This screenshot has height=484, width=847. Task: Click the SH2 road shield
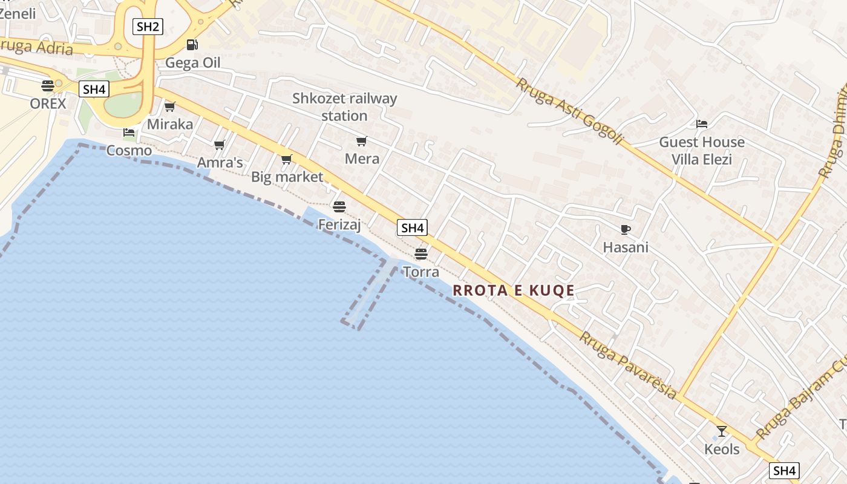pos(148,26)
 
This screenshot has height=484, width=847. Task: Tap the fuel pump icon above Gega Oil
pos(192,44)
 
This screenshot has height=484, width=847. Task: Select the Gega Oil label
pos(192,63)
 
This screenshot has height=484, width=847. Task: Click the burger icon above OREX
pos(48,85)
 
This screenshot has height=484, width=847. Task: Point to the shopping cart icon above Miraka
pos(169,106)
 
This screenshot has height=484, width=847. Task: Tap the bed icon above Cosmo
pos(128,132)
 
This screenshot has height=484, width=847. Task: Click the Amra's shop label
pos(220,162)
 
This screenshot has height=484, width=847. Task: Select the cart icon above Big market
pos(287,159)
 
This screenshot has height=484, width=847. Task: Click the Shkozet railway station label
pos(344,106)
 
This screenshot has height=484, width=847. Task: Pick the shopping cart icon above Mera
pos(362,141)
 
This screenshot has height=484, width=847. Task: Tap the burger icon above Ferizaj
pos(339,206)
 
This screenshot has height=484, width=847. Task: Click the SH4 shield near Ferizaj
pos(412,227)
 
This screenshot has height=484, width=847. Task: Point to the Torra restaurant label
pos(421,272)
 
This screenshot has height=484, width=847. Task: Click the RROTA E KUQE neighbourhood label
pos(514,290)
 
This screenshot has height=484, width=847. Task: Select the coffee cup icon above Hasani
pos(626,229)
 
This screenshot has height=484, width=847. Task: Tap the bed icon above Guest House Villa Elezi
pos(702,123)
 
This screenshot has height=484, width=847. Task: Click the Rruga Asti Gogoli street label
pos(568,111)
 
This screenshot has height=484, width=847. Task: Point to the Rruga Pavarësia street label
pos(628,364)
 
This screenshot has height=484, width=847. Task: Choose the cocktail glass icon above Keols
pos(721,431)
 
